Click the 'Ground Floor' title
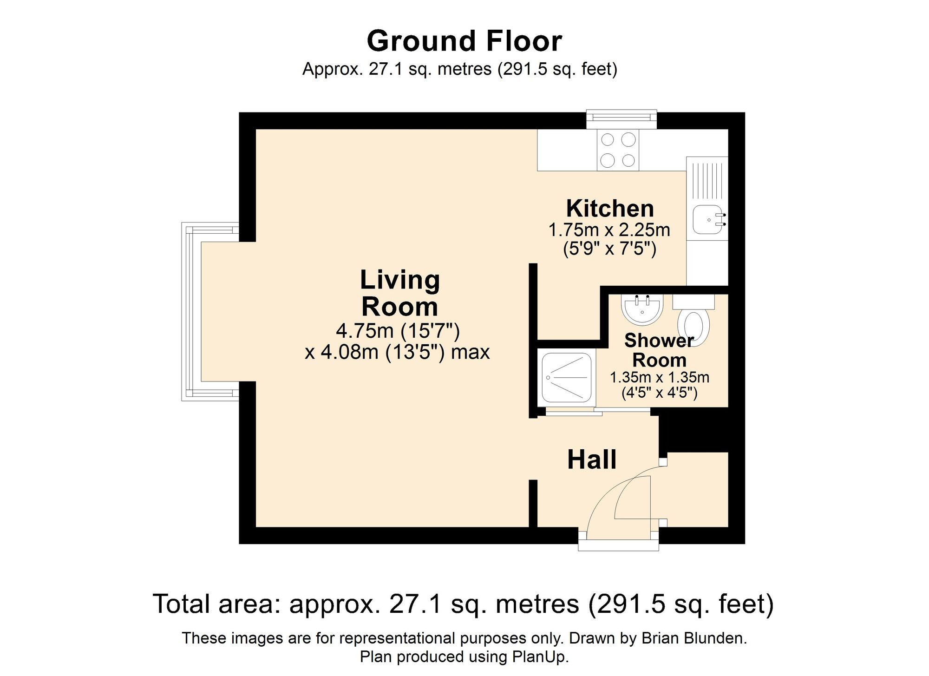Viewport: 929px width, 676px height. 464,41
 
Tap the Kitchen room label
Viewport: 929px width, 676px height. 610,209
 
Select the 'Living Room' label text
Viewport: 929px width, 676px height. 400,293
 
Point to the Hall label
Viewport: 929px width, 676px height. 592,459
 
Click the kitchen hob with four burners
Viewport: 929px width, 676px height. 618,150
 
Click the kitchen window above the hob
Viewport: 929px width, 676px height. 622,119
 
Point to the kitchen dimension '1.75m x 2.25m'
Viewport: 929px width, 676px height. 609,230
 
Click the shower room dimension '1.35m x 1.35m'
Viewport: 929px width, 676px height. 660,377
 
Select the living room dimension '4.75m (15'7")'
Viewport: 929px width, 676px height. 398,331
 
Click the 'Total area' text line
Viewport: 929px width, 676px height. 464,604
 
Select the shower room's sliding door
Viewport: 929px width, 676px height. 598,411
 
